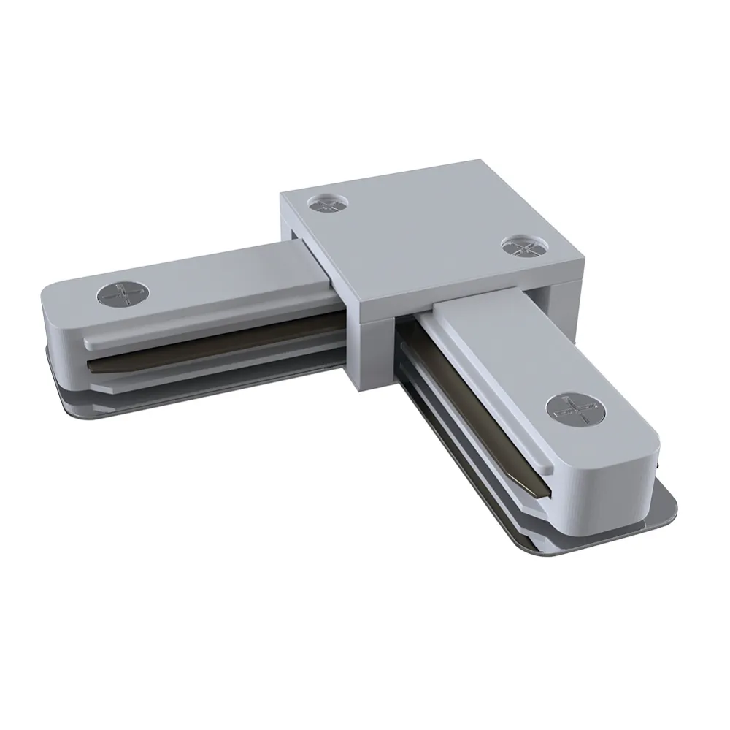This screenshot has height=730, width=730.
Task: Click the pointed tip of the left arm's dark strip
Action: pos(88,363)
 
